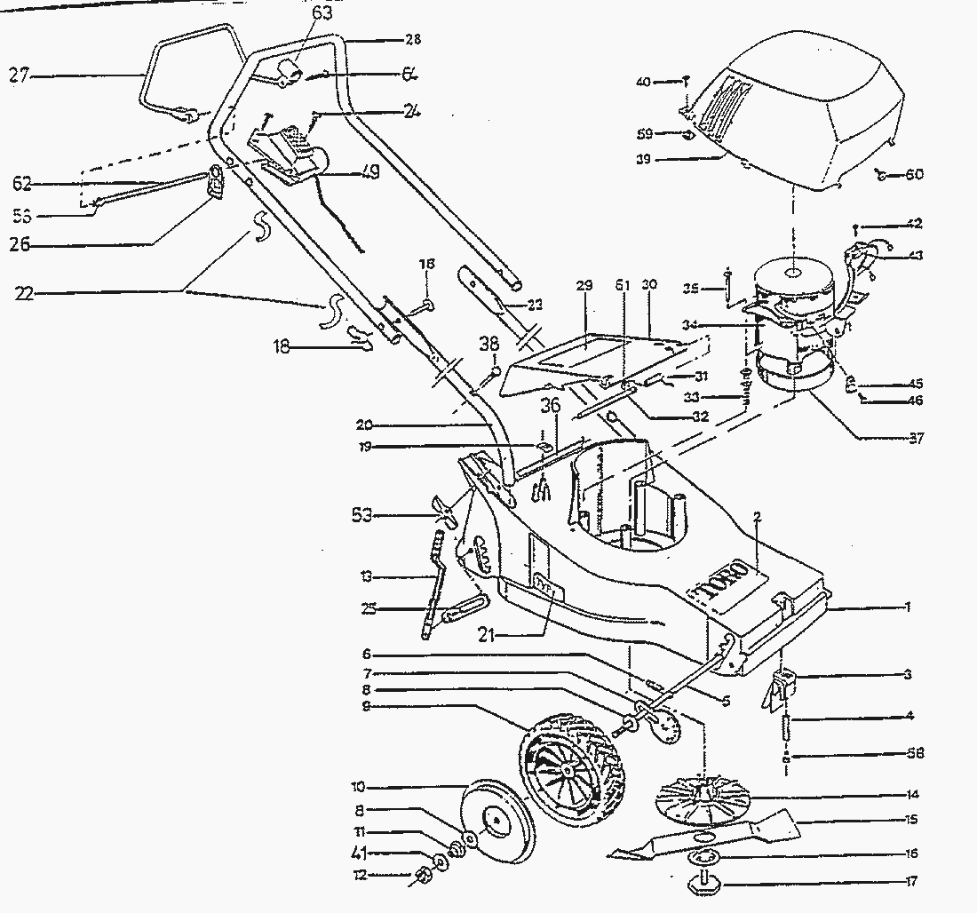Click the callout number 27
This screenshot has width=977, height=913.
click(x=20, y=77)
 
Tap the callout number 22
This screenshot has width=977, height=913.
click(x=25, y=291)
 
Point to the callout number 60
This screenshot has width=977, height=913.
click(x=914, y=174)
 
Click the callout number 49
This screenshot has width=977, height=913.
click(x=369, y=174)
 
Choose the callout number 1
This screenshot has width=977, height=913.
click(x=908, y=607)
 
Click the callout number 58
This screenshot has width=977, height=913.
click(x=916, y=753)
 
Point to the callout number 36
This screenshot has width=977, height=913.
click(x=551, y=404)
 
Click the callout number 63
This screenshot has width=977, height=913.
click(x=322, y=12)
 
